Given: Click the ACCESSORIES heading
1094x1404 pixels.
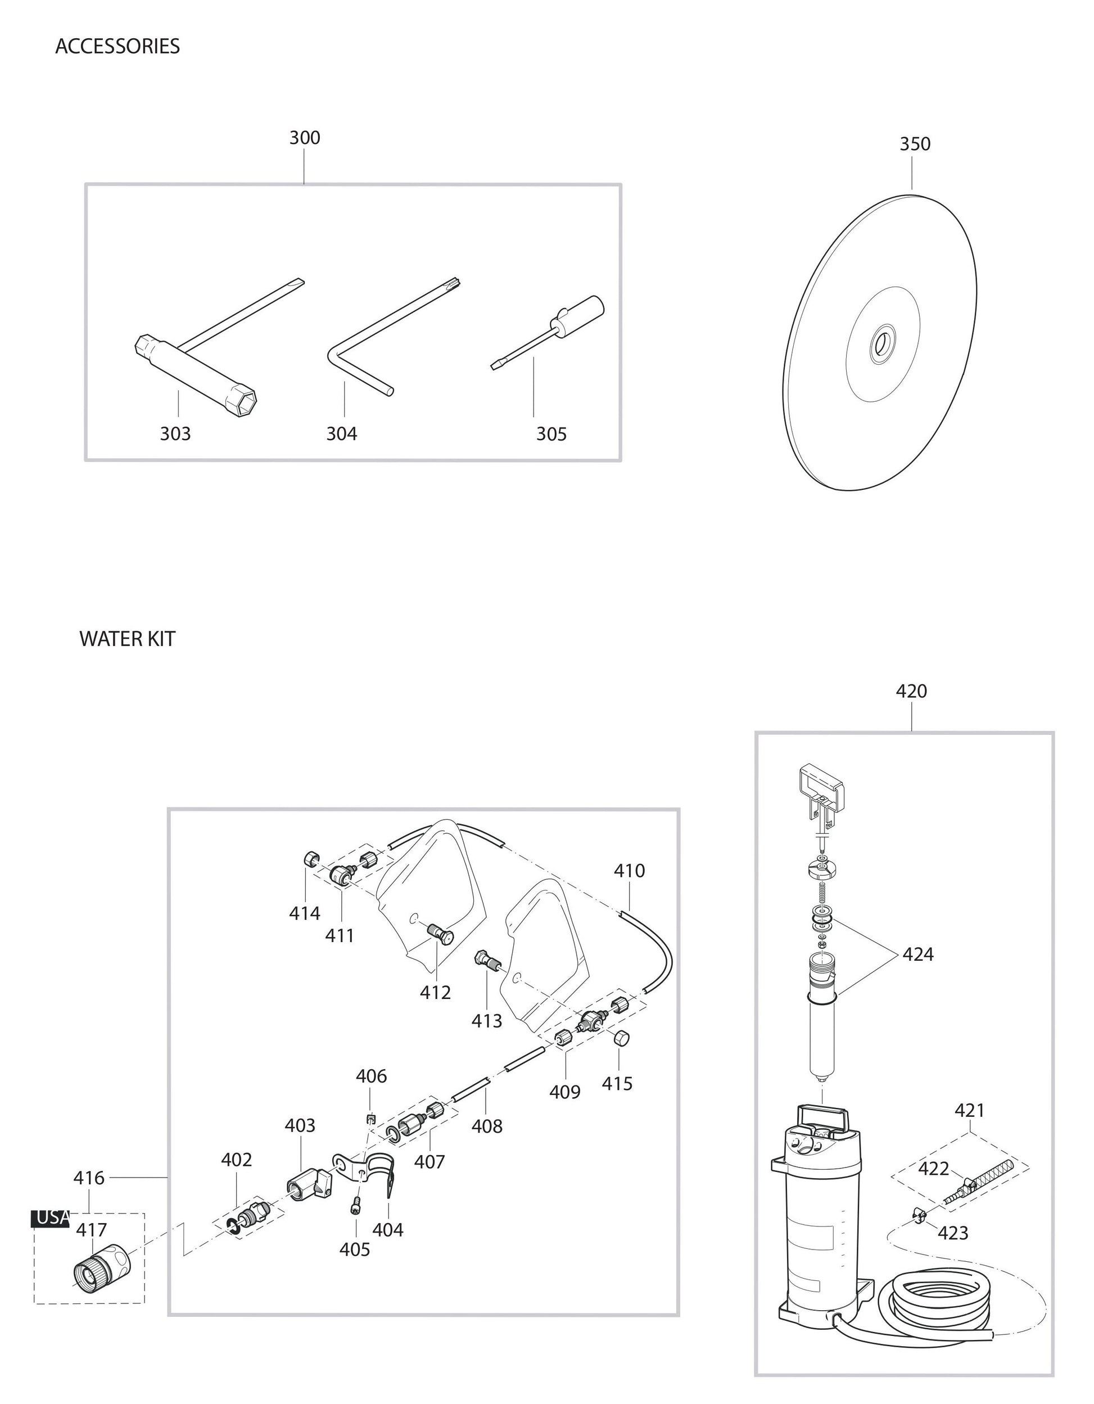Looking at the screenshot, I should click(x=117, y=46).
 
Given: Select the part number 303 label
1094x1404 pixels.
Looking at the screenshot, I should click(x=175, y=434).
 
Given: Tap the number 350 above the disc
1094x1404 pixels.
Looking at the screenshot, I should click(x=914, y=144).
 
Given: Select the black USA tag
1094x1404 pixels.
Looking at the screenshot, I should click(x=51, y=1217).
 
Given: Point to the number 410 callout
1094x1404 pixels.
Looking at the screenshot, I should click(x=629, y=870).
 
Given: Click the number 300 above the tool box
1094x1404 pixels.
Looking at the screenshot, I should click(x=304, y=138).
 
